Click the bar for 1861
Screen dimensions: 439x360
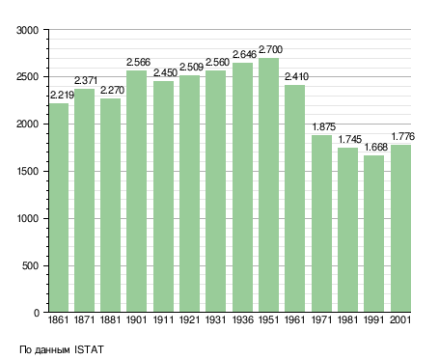(x=59, y=208)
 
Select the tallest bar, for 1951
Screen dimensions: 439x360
(x=268, y=185)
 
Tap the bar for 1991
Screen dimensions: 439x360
(x=373, y=234)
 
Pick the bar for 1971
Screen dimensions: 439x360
(x=321, y=224)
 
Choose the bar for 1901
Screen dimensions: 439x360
(x=137, y=191)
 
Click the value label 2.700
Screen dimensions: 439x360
(x=270, y=50)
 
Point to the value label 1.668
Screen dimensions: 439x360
(x=375, y=148)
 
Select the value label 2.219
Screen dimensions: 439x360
(x=62, y=95)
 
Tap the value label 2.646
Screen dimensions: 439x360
(x=244, y=55)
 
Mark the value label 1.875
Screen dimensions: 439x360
(x=324, y=127)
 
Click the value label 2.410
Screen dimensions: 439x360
(x=296, y=77)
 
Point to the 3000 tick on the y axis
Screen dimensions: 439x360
(x=27, y=30)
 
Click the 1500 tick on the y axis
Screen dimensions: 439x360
(x=27, y=172)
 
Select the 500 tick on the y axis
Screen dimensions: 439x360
(x=30, y=266)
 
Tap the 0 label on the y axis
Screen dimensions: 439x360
(x=37, y=313)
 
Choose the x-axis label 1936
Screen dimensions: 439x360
(x=242, y=320)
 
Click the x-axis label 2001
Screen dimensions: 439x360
(x=400, y=320)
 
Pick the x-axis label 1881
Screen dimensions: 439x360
(x=110, y=320)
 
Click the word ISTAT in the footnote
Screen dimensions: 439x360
(x=89, y=349)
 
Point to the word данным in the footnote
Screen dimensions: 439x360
(x=52, y=350)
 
